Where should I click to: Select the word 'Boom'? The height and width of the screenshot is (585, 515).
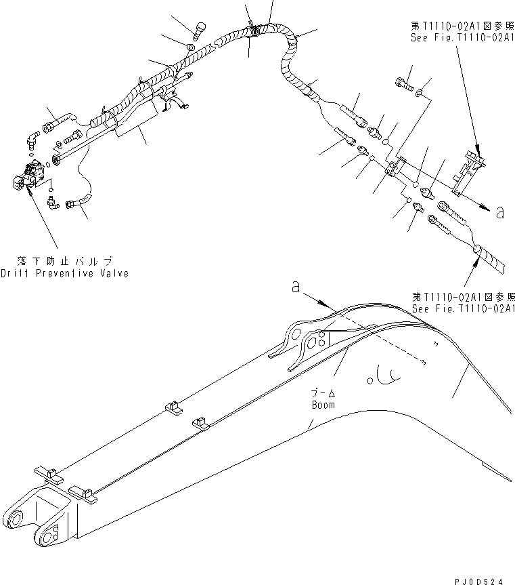pos(323,405)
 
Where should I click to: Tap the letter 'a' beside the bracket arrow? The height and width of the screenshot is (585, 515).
pos(499,213)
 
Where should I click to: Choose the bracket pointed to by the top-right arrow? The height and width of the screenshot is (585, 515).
pos(469,169)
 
